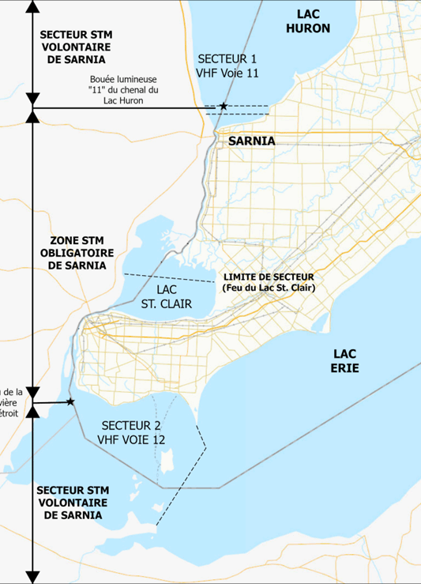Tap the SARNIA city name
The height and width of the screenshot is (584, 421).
[x=251, y=141]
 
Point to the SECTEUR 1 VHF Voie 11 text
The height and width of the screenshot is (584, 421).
[x=227, y=66]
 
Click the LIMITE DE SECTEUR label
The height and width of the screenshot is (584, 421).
[x=269, y=277]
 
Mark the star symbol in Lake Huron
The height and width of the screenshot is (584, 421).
[x=224, y=106]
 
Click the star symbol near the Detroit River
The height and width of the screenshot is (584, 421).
[x=70, y=402]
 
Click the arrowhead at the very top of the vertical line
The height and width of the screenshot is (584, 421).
[x=32, y=7]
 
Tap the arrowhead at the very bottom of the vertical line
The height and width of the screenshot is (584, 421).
[x=32, y=576]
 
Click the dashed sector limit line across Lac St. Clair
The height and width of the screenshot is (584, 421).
[x=170, y=277]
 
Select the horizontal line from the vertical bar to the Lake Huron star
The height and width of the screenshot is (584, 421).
[x=126, y=107]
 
